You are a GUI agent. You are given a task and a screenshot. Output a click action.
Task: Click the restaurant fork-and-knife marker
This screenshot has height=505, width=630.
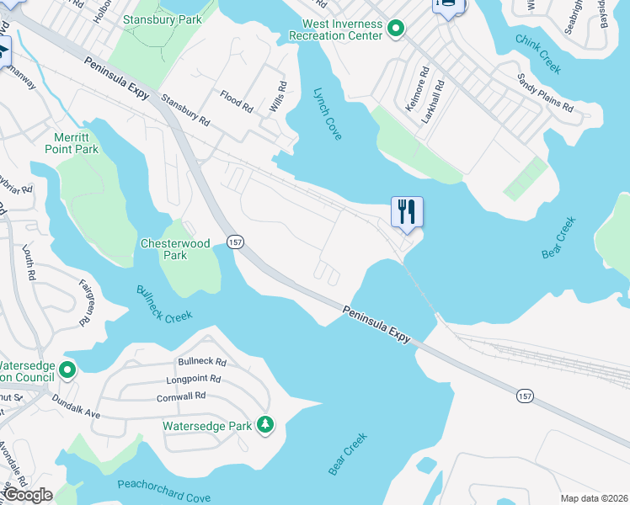[x=407, y=211]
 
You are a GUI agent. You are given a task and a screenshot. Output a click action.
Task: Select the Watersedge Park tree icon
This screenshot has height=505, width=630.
[x=266, y=425]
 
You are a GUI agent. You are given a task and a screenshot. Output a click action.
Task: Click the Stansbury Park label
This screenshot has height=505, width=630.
[x=163, y=19]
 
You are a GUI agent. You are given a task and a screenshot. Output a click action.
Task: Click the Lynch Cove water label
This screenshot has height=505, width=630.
[x=328, y=114]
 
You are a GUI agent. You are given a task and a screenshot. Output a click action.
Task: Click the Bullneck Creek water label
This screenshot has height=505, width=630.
[x=164, y=303]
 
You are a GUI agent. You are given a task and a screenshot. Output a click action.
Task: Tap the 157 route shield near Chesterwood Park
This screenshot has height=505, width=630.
[x=236, y=242]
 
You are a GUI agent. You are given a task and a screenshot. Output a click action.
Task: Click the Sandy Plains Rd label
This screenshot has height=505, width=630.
[x=545, y=93]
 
